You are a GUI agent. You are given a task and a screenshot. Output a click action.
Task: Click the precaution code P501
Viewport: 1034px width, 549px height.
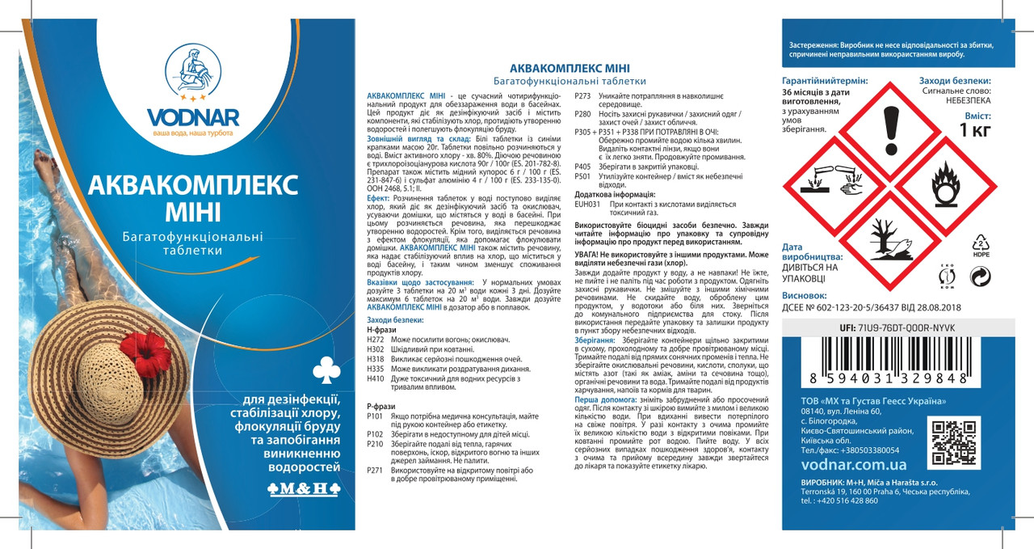[582, 175]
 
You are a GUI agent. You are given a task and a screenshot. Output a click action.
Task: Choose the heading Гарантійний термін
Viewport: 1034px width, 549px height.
[825, 81]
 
